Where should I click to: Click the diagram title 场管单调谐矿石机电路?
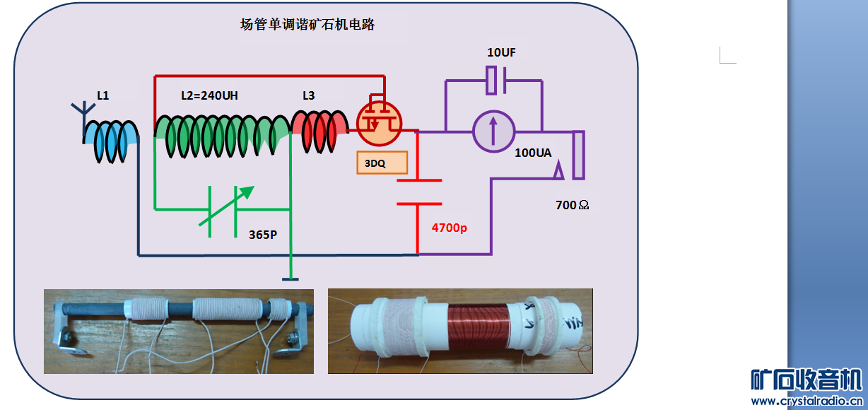[x=307, y=25]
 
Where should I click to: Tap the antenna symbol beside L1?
[x=83, y=113]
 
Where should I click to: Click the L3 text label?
[x=308, y=95]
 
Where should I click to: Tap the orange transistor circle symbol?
[x=379, y=122]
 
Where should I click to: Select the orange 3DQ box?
[x=382, y=163]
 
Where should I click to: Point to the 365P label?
[x=263, y=235]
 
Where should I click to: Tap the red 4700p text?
[x=449, y=228]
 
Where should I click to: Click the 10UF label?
[x=506, y=53]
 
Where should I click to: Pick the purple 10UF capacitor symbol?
[x=494, y=81]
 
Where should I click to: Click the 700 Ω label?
[x=573, y=205]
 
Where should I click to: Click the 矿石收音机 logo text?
[x=806, y=380]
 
